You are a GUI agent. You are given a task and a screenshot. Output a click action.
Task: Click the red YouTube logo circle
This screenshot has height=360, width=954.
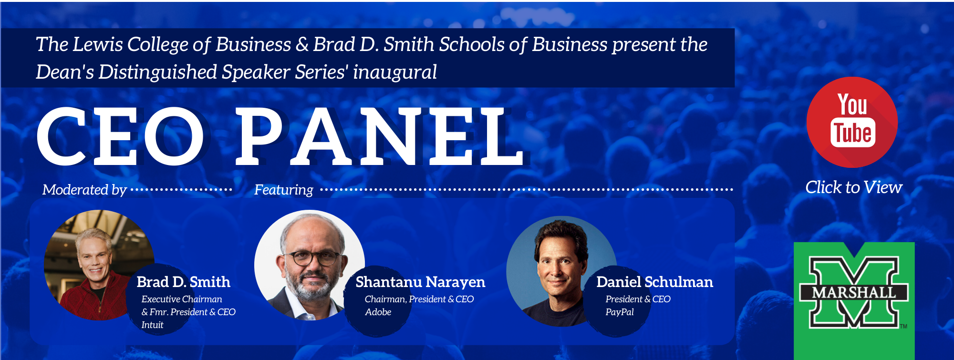pyautogui.click(x=852, y=122)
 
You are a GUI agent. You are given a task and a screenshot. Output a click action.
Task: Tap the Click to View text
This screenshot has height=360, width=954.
pyautogui.click(x=853, y=187)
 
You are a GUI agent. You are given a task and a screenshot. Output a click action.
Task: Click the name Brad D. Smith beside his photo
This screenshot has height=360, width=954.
pyautogui.click(x=183, y=282)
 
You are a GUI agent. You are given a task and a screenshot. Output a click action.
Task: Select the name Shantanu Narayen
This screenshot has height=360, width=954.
pyautogui.click(x=420, y=282)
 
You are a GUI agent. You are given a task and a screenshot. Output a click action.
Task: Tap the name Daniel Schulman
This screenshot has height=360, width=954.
pyautogui.click(x=654, y=282)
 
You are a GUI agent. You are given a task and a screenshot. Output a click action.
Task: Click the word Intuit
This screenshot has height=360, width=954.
pyautogui.click(x=152, y=325)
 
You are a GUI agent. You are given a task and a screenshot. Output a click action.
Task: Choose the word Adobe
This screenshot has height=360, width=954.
pyautogui.click(x=378, y=312)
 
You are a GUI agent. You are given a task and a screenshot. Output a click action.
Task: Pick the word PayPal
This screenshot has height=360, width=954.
pyautogui.click(x=620, y=312)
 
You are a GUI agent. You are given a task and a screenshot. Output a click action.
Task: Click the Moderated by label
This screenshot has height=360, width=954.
pyautogui.click(x=84, y=190)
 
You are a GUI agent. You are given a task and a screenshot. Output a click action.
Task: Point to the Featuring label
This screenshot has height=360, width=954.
pyautogui.click(x=283, y=190)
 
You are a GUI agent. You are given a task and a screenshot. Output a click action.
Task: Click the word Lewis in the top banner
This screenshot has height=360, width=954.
pyautogui.click(x=98, y=44)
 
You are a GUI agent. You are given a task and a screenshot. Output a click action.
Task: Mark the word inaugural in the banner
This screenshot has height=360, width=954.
pyautogui.click(x=394, y=72)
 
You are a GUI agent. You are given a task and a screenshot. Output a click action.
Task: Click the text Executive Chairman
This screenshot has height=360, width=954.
pyautogui.click(x=182, y=299)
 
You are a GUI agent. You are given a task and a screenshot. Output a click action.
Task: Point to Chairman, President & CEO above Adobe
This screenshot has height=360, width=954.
pyautogui.click(x=419, y=299)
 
